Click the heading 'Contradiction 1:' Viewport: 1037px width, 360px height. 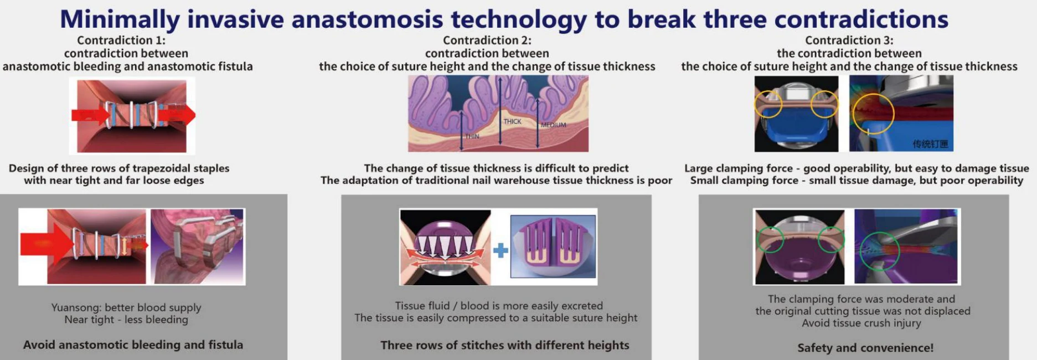pyautogui.click(x=121, y=40)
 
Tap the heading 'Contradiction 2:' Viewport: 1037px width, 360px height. pyautogui.click(x=487, y=40)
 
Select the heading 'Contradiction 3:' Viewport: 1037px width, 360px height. pyautogui.click(x=849, y=40)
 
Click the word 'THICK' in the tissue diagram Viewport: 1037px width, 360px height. pyautogui.click(x=512, y=121)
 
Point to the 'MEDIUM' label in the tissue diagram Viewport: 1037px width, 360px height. pyautogui.click(x=553, y=125)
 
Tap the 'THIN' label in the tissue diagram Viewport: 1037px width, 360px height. pyautogui.click(x=472, y=136)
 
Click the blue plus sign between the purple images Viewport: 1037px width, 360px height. pyautogui.click(x=501, y=250)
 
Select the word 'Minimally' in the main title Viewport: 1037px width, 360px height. pyautogui.click(x=120, y=20)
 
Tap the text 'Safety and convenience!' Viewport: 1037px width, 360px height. pyautogui.click(x=865, y=348)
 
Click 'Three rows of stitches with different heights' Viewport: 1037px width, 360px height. pyautogui.click(x=505, y=345)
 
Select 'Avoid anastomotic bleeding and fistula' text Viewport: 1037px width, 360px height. pyautogui.click(x=133, y=344)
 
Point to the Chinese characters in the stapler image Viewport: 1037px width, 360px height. pyautogui.click(x=930, y=144)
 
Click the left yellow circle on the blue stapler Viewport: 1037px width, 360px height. pyautogui.click(x=767, y=104)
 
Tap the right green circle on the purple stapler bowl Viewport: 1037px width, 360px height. pyautogui.click(x=831, y=240)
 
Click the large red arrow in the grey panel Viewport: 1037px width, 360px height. pyautogui.click(x=47, y=244)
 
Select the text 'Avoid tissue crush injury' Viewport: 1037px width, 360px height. pyautogui.click(x=861, y=323)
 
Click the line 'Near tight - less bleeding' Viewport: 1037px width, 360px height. pyautogui.click(x=126, y=320)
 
